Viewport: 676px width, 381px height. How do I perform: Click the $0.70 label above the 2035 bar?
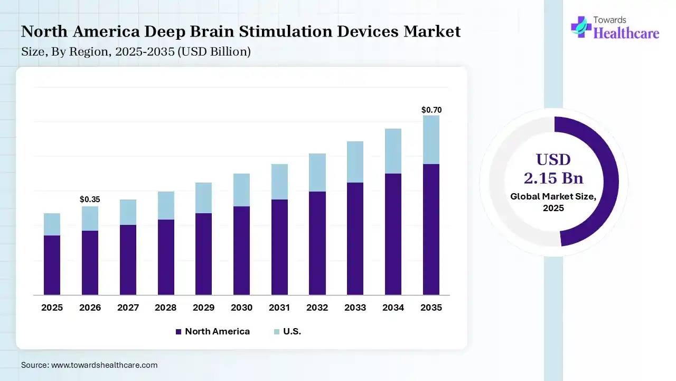click(431, 110)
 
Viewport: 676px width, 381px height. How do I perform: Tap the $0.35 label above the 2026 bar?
click(90, 199)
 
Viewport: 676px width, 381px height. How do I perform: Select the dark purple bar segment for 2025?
click(52, 265)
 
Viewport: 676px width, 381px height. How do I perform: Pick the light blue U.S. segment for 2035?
click(431, 140)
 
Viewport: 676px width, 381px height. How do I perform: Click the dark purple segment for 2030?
click(241, 250)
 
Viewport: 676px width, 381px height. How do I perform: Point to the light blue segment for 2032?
click(317, 173)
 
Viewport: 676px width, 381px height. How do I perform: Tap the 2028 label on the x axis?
click(166, 307)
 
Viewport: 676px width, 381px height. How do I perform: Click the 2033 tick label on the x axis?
click(355, 307)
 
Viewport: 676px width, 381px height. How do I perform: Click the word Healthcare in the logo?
click(626, 33)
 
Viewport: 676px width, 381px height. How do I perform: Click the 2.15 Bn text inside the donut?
click(553, 177)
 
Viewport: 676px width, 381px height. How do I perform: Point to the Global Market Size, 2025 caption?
click(553, 202)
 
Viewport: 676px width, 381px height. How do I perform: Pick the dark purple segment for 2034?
click(393, 234)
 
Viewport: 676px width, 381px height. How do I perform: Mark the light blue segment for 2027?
click(128, 212)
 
